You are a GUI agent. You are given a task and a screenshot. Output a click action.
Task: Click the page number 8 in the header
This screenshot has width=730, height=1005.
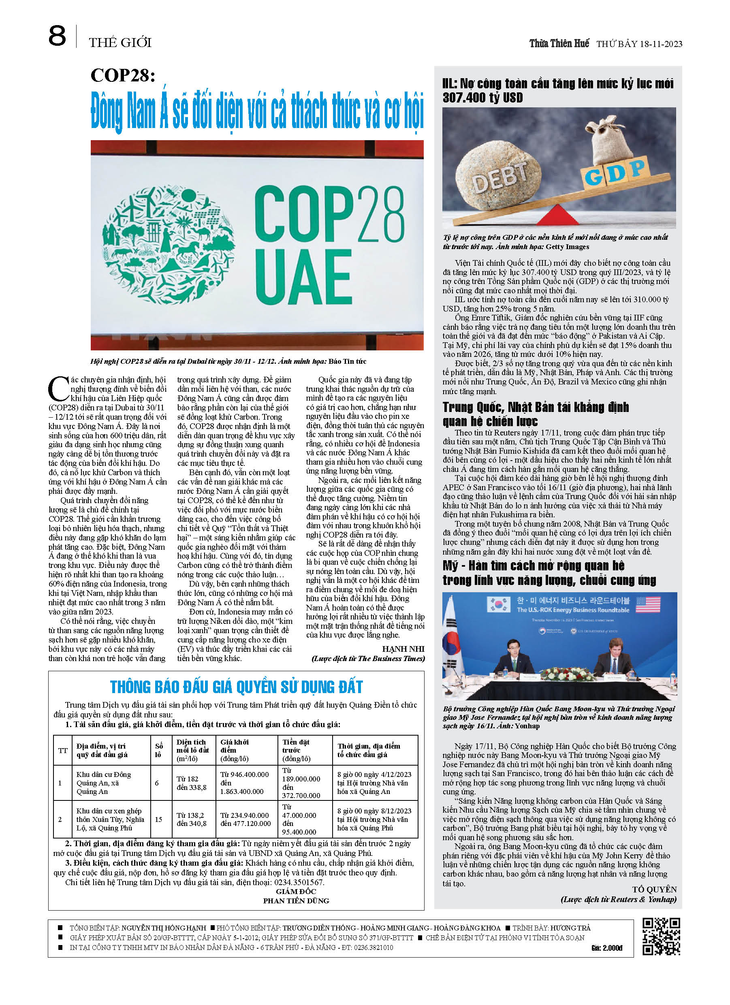click(x=57, y=36)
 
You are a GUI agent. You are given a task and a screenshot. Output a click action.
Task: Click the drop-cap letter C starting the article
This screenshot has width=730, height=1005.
click(x=58, y=388)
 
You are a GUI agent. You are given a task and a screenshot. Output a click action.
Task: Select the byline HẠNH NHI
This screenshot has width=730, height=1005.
click(x=403, y=649)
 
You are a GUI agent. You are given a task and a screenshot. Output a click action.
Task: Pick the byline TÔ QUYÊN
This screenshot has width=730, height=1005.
click(x=654, y=889)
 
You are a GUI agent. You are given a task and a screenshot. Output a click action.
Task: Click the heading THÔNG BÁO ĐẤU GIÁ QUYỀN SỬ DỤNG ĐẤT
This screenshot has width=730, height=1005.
click(x=236, y=687)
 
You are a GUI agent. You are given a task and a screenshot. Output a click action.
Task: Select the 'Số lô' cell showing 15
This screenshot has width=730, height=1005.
click(x=158, y=819)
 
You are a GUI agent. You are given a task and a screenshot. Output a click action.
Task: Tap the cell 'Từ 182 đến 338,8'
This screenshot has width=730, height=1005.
click(x=192, y=783)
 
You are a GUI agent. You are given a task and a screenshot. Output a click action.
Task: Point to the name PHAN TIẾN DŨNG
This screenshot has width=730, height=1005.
click(x=296, y=900)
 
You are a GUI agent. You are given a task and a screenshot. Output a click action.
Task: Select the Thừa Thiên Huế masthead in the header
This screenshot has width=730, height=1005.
click(x=559, y=43)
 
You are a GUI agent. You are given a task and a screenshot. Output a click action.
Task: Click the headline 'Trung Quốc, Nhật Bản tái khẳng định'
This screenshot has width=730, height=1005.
click(x=536, y=407)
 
